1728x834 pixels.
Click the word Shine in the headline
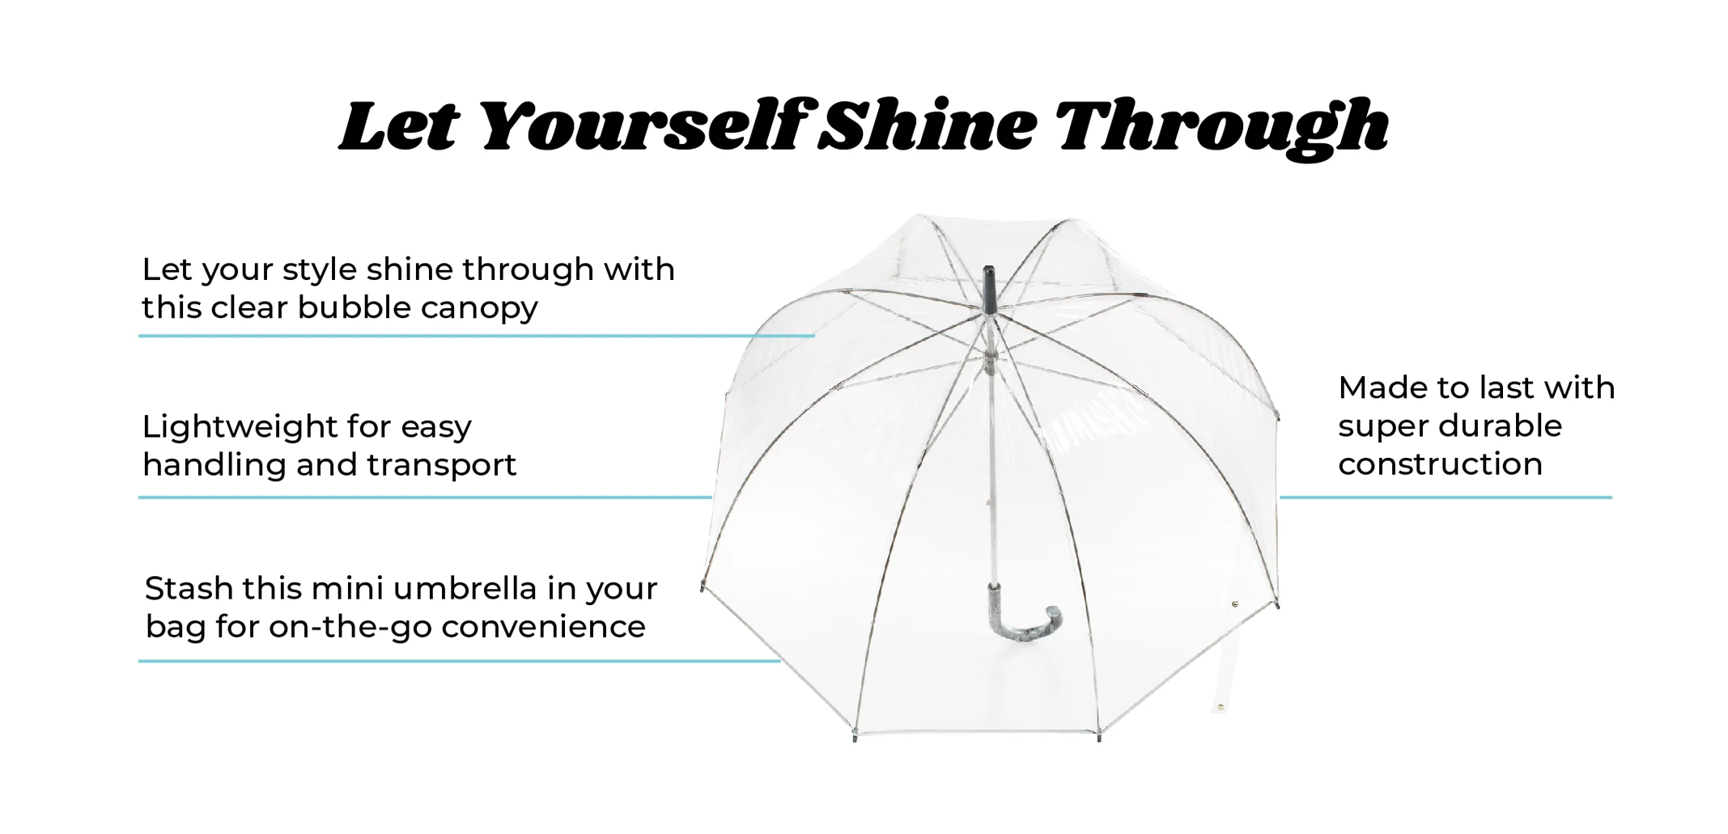[927, 125]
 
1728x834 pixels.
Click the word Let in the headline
[399, 125]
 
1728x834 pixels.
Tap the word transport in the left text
[441, 466]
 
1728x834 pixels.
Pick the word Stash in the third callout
[189, 588]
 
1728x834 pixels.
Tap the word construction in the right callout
[1440, 464]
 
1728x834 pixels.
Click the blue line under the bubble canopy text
[476, 336]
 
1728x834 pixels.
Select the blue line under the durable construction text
[1446, 497]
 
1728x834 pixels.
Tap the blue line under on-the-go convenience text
[459, 661]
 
